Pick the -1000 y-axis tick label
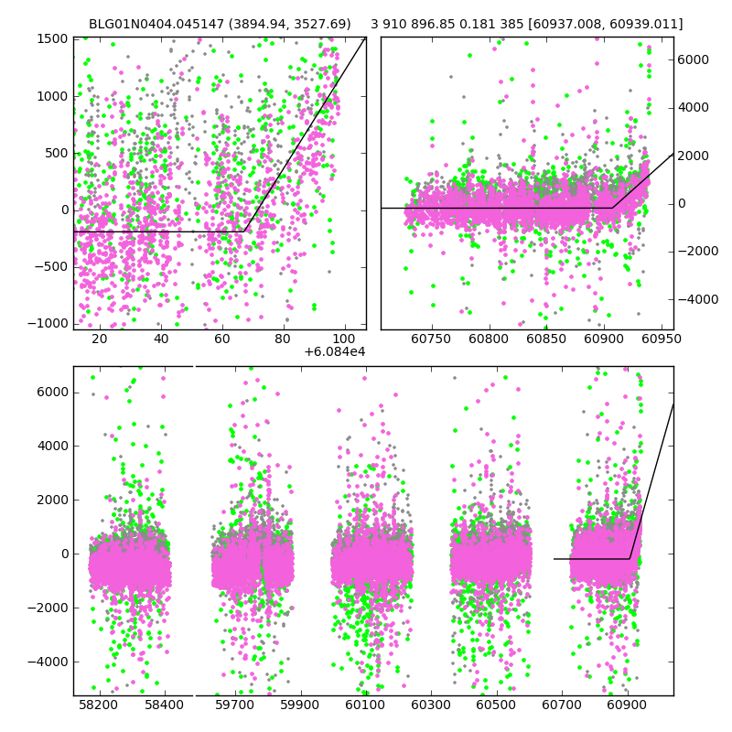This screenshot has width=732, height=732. [x=48, y=323]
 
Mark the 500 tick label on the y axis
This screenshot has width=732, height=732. [x=57, y=153]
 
